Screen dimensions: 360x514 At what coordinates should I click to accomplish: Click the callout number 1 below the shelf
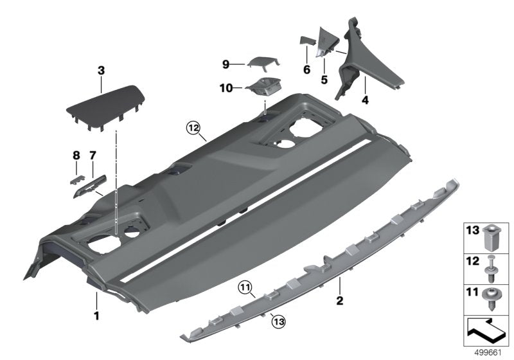point(96,316)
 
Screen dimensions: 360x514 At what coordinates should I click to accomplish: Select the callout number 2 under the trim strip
point(341,299)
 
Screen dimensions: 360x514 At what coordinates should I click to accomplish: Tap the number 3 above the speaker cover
point(101,69)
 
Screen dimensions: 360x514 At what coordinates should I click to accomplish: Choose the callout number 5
point(324,80)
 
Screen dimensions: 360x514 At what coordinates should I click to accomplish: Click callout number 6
point(306,69)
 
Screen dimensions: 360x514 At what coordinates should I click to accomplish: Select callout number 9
point(226,64)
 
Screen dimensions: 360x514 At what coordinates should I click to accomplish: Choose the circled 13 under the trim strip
point(276,316)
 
